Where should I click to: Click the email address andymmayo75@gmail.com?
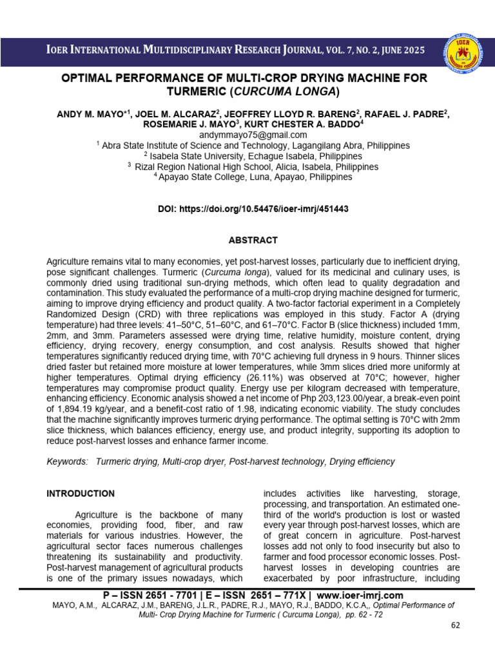tap(253, 135)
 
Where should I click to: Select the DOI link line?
tap(253, 209)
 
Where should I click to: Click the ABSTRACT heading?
tap(253, 240)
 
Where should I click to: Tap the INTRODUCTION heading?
tap(81, 494)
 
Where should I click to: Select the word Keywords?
tap(67, 462)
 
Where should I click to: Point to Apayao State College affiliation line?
tap(253, 177)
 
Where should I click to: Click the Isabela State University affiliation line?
tap(253, 156)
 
